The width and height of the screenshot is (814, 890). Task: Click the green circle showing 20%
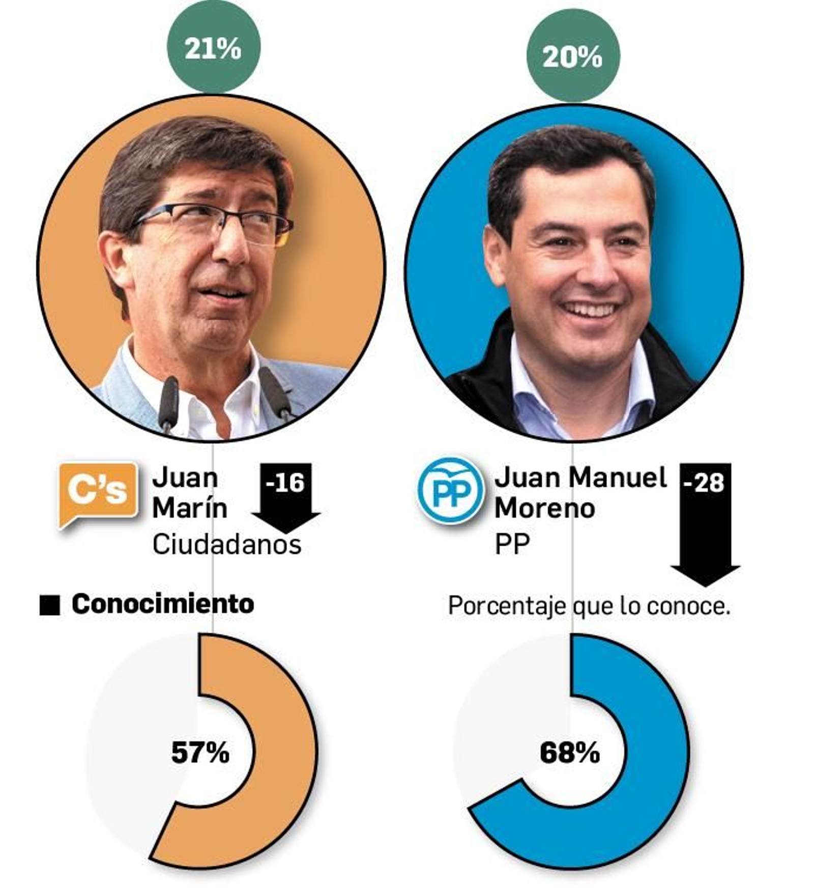click(572, 55)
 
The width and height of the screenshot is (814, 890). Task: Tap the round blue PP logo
click(451, 490)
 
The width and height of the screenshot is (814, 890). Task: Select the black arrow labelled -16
click(286, 496)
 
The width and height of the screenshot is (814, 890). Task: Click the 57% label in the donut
click(200, 752)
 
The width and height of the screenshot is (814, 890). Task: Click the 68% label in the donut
click(570, 752)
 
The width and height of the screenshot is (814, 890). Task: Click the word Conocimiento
click(163, 604)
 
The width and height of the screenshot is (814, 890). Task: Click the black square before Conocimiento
click(50, 605)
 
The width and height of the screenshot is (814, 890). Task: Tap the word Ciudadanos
click(227, 544)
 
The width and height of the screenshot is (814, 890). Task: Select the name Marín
click(190, 508)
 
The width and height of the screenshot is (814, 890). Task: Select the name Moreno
click(545, 508)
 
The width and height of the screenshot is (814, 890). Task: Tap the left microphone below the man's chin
click(168, 402)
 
